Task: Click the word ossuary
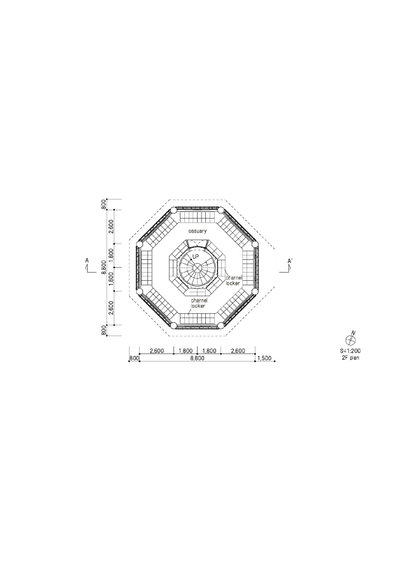tap(197, 231)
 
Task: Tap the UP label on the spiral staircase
tap(196, 257)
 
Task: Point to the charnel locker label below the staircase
tap(198, 302)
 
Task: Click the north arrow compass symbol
tap(351, 339)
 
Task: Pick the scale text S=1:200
tap(350, 351)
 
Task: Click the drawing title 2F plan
tap(350, 358)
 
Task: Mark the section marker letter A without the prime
tap(87, 261)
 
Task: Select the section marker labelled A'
tap(290, 261)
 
